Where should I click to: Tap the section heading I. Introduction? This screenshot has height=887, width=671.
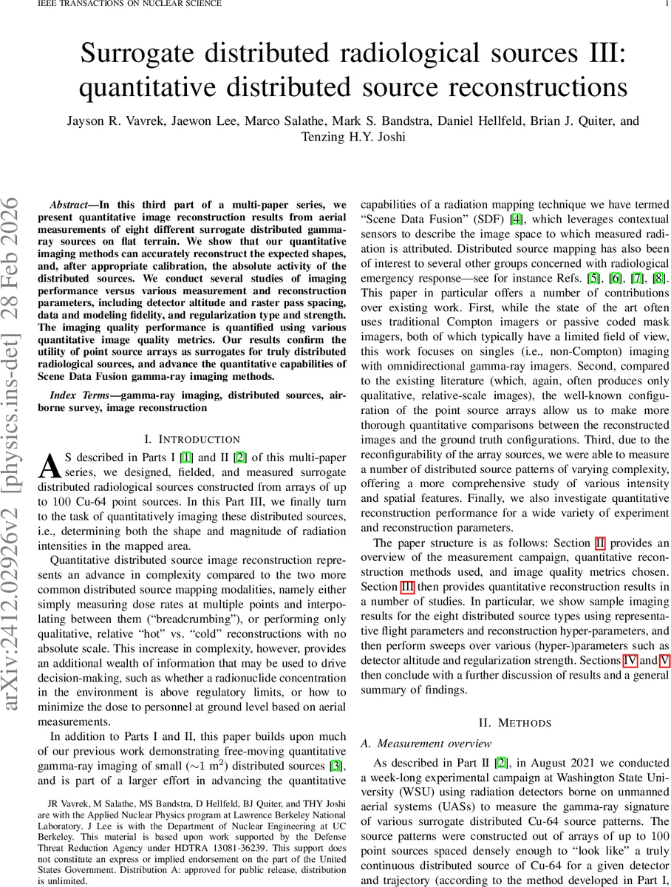tap(193, 440)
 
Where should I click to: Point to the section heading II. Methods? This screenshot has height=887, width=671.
tap(514, 722)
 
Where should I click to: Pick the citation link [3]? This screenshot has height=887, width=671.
tap(337, 765)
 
